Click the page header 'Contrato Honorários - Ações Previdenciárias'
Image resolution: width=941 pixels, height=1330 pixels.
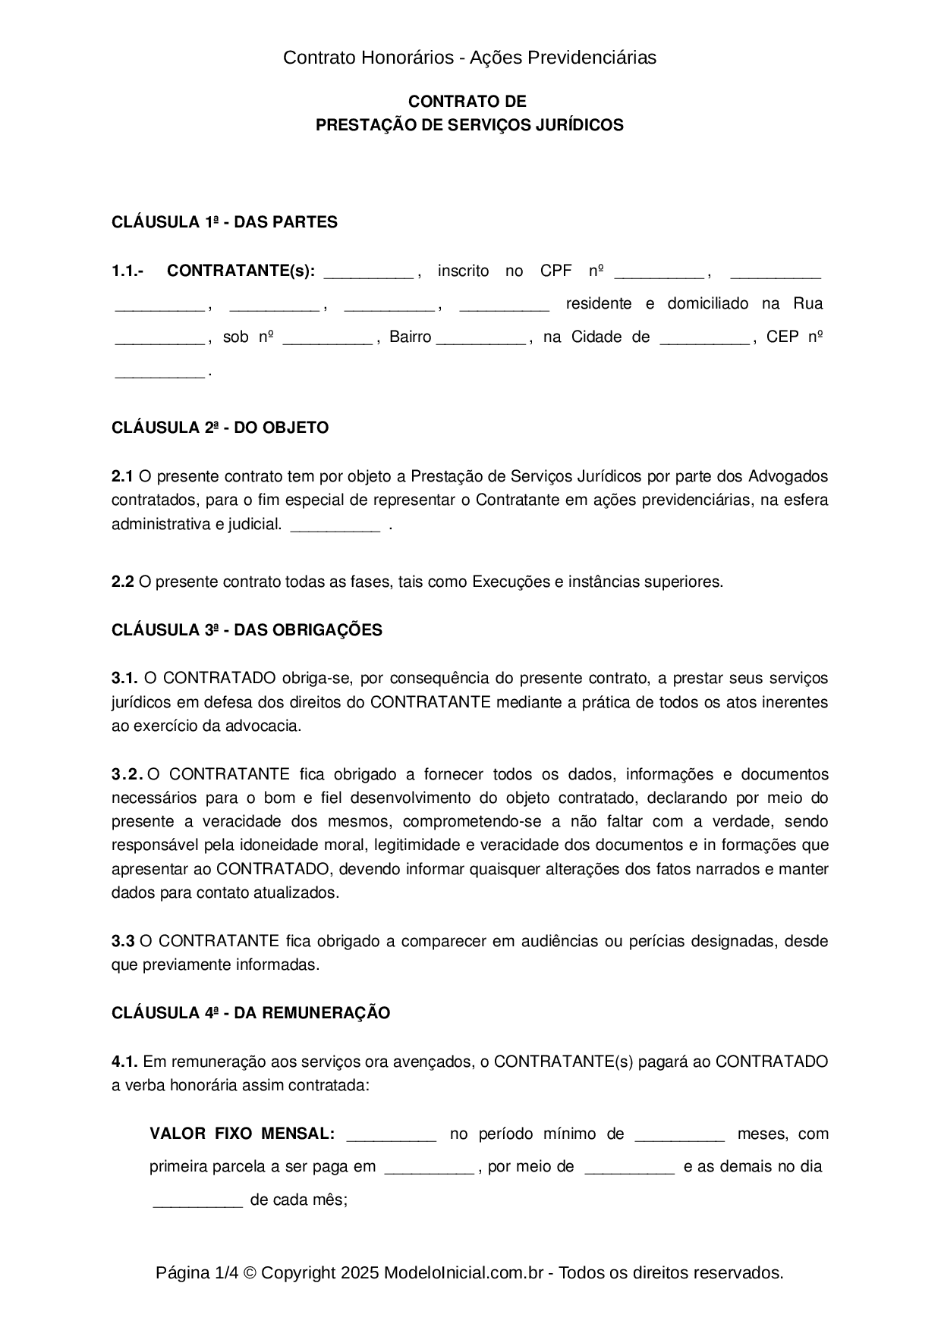[469, 58]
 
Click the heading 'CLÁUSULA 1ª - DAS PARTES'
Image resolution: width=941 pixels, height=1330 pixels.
[224, 222]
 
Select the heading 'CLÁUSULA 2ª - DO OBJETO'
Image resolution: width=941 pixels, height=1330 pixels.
[220, 428]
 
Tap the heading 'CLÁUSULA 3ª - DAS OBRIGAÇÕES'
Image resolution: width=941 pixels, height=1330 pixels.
[247, 630]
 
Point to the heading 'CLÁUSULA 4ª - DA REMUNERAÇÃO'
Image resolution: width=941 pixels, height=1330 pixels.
[250, 1013]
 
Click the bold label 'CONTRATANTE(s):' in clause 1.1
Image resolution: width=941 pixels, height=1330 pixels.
[241, 271]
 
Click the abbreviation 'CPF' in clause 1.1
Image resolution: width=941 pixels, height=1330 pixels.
[555, 271]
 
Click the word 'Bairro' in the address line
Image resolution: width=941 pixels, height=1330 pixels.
[410, 337]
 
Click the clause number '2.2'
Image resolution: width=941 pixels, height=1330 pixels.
[123, 582]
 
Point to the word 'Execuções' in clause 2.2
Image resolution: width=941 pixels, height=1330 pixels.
[511, 582]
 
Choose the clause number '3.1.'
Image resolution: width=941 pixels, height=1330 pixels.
[124, 678]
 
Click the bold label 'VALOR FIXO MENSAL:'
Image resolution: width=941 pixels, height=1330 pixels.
[242, 1134]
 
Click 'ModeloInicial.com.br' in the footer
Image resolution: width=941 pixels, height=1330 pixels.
[463, 1273]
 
